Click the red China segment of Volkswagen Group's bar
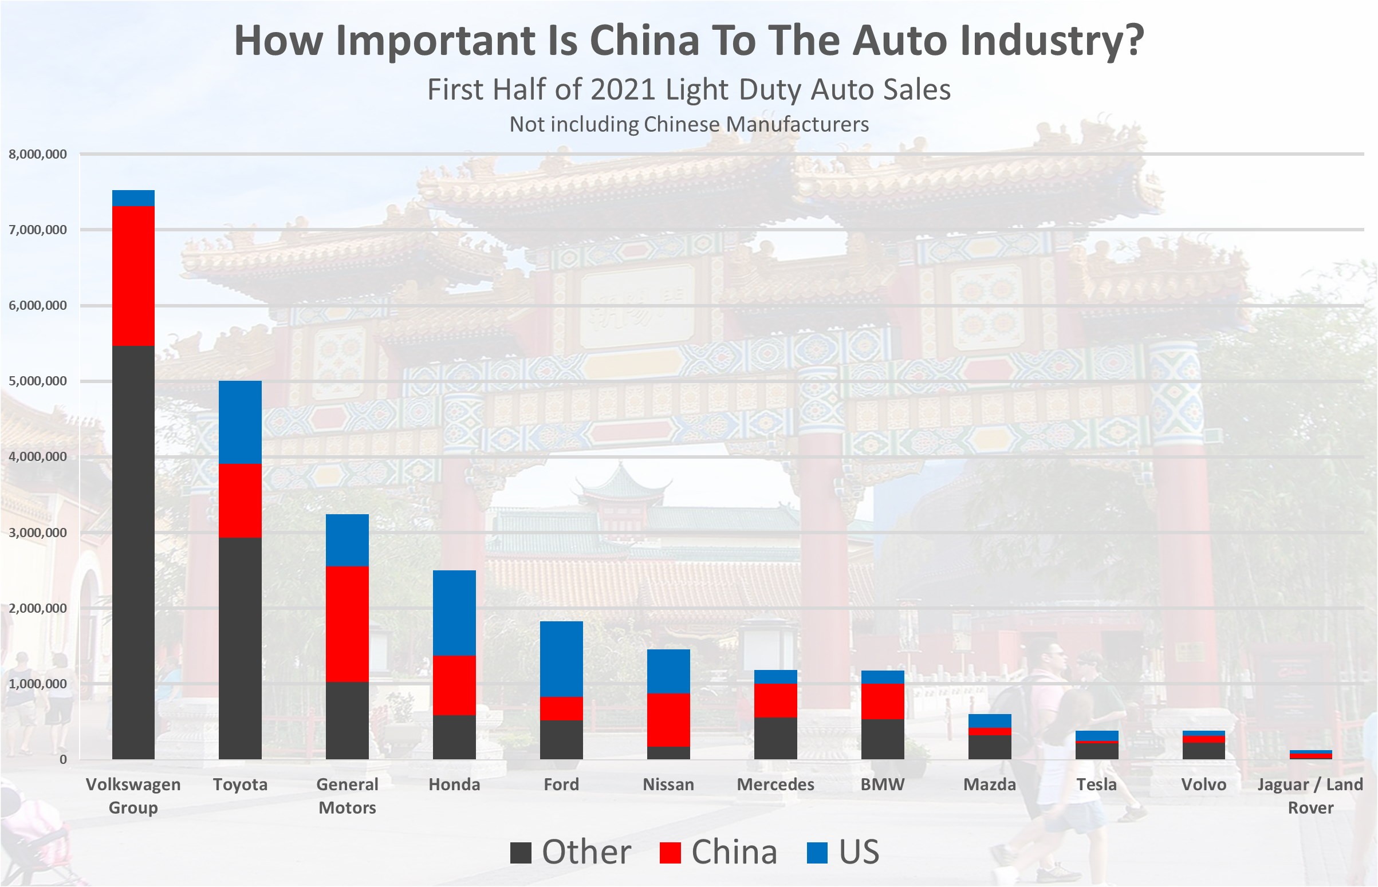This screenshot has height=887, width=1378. (133, 276)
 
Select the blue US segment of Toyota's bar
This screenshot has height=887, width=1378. (240, 422)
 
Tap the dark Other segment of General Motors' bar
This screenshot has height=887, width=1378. (348, 720)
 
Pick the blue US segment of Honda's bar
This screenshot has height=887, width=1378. (455, 613)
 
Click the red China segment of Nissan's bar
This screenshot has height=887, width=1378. (668, 720)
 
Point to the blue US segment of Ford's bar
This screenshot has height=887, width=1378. (562, 659)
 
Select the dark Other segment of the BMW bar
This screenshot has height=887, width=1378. (883, 739)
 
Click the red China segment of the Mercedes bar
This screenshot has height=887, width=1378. (775, 700)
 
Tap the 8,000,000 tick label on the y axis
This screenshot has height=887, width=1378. (38, 155)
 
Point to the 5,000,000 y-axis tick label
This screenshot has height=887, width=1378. (38, 381)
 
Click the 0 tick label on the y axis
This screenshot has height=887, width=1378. (63, 760)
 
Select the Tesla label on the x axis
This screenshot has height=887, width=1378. (1096, 784)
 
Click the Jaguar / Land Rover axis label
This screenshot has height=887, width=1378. (1310, 795)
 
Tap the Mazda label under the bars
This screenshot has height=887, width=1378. (990, 784)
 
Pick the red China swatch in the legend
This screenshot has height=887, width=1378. (670, 853)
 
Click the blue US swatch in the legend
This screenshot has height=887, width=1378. (817, 853)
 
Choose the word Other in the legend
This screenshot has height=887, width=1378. (586, 852)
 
